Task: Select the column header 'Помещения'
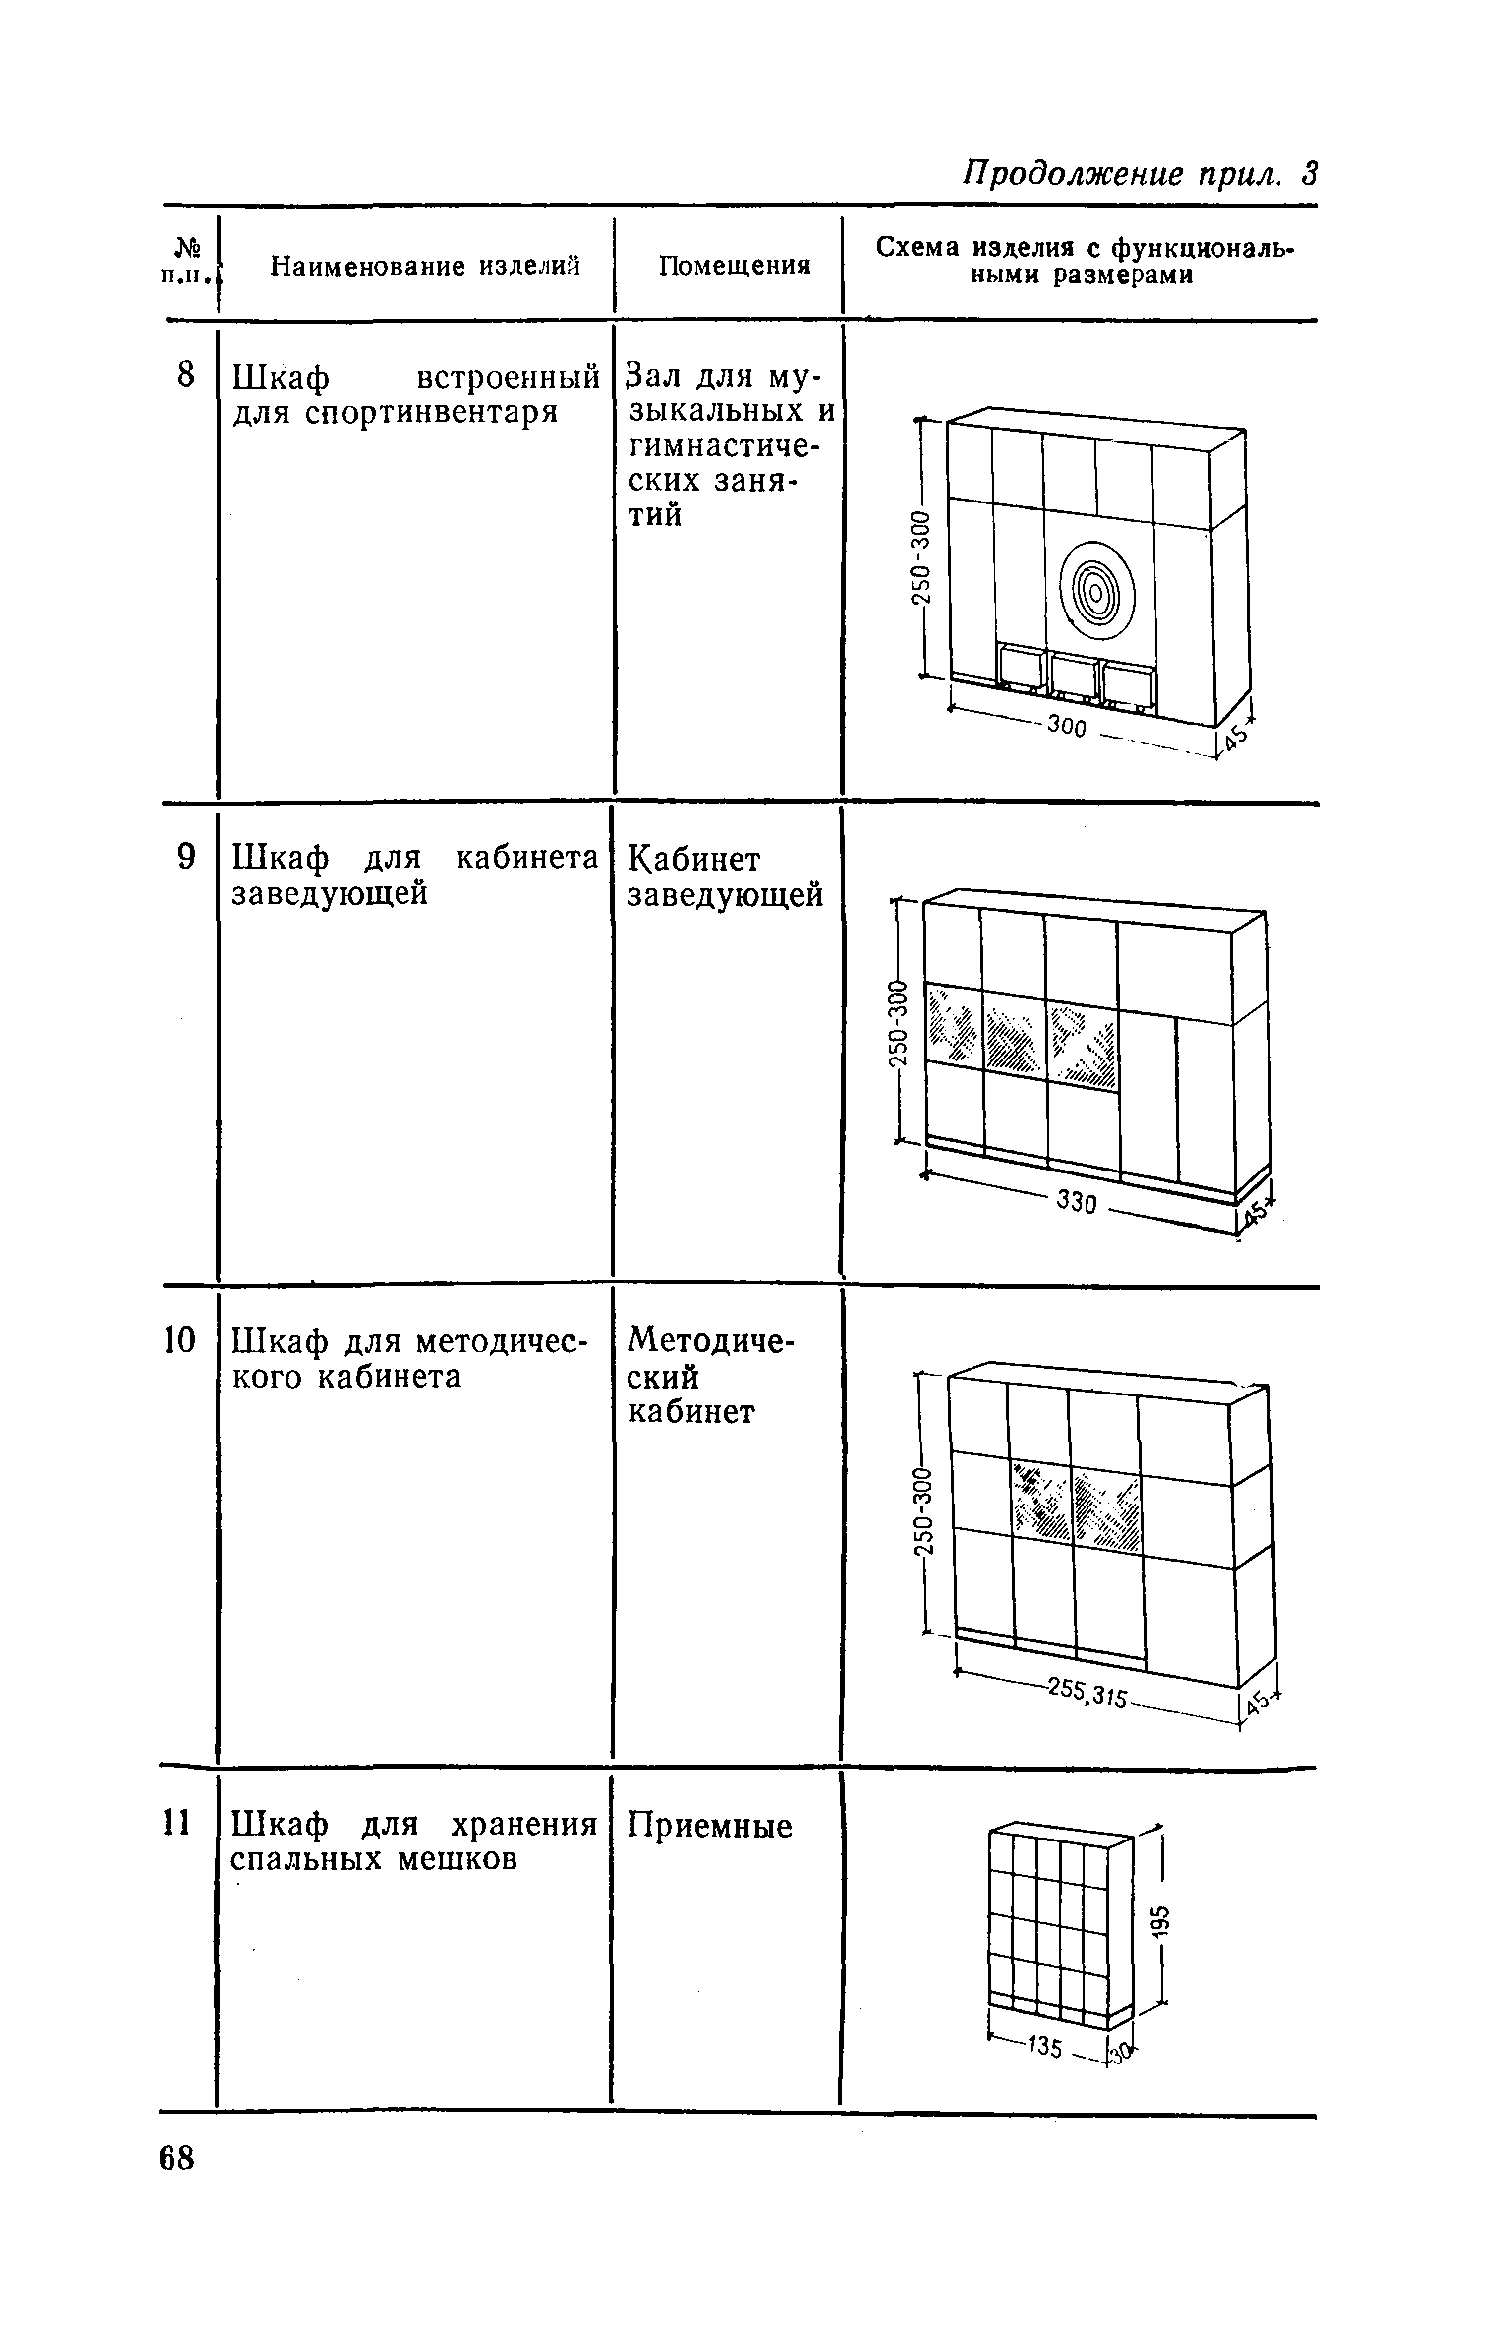(735, 266)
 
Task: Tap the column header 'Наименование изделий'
(424, 266)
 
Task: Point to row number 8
(184, 376)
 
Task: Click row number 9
(185, 858)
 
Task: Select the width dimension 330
(1076, 1203)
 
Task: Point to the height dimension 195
(1164, 1918)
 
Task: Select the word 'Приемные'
(711, 1826)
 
